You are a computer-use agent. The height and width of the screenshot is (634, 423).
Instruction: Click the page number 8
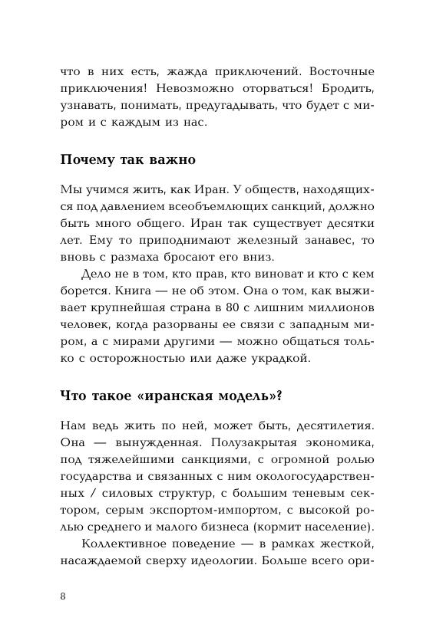[63, 598]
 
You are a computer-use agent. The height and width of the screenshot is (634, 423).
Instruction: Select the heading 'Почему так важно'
[127, 160]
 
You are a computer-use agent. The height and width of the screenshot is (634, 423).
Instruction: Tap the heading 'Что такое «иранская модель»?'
[171, 396]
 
